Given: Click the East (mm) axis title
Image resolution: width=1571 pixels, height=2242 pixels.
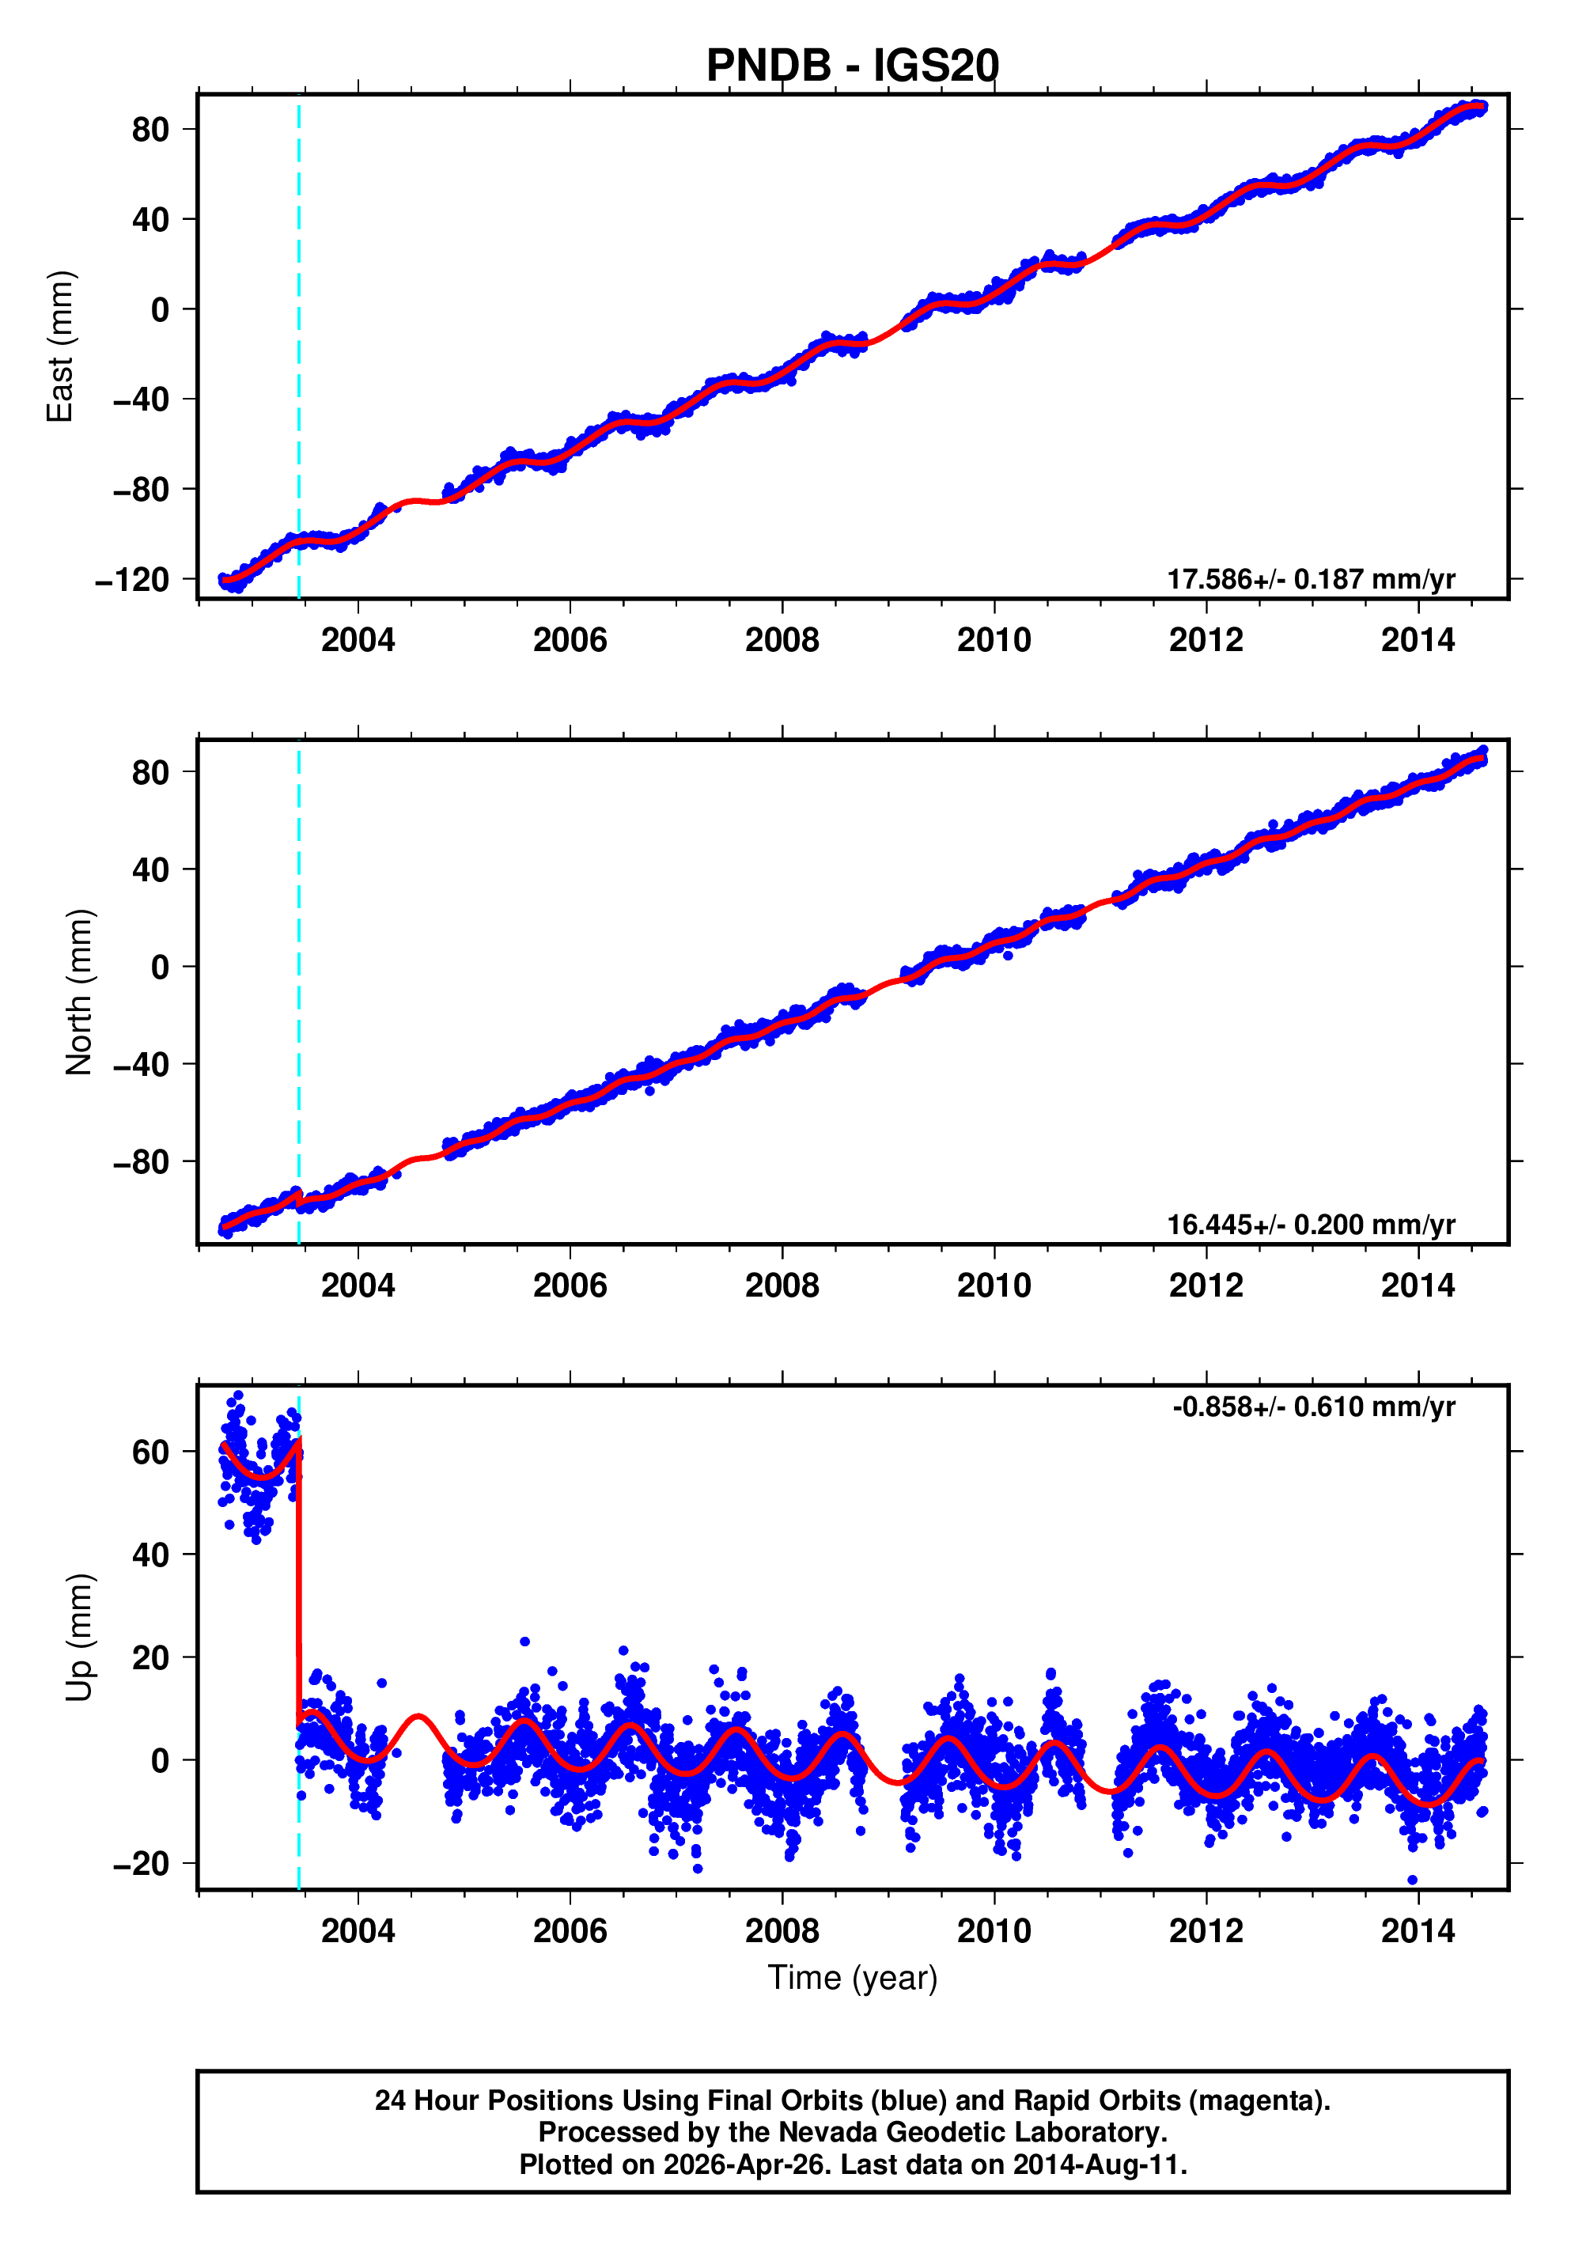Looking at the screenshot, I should (x=61, y=346).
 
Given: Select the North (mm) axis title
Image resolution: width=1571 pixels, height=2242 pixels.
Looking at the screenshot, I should (x=79, y=992).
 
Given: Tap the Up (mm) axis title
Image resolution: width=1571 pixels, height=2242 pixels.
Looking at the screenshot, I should (x=79, y=1637).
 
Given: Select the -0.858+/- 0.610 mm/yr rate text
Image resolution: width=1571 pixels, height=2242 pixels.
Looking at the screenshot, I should (x=1313, y=1407).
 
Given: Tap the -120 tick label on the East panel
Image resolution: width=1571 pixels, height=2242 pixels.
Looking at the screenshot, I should (x=132, y=580).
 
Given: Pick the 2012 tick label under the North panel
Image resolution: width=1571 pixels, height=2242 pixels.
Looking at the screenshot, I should (x=1205, y=1286).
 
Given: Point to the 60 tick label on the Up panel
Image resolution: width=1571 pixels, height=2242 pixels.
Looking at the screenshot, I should (x=150, y=1453).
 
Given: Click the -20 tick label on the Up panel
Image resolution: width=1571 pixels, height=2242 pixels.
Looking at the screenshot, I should (x=141, y=1864).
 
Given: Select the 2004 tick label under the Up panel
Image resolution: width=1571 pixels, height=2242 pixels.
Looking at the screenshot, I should (x=358, y=1931).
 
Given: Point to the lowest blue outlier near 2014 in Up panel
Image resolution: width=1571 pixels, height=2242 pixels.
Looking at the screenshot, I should (x=1412, y=1880).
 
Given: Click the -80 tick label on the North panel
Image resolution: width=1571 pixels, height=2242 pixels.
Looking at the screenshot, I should (x=141, y=1162).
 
